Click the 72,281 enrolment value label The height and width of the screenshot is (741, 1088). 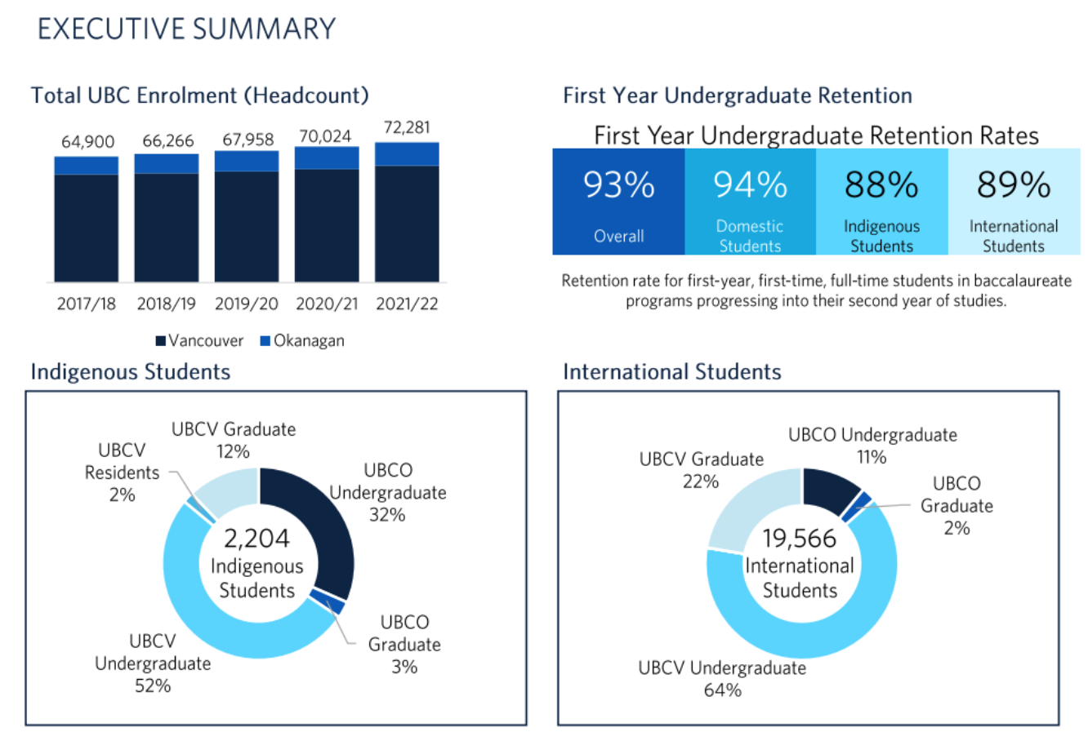pos(406,128)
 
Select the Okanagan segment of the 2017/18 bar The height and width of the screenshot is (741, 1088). pos(87,166)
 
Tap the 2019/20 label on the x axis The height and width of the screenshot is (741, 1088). pos(246,304)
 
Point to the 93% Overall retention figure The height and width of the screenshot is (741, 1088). pos(618,186)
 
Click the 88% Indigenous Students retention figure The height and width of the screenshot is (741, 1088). pos(881,186)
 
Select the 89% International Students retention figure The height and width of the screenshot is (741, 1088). pos(1014,186)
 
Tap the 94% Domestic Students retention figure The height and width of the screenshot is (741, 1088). pos(750,186)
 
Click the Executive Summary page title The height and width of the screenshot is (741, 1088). pos(186,29)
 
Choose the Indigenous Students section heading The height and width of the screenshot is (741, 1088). pos(131,372)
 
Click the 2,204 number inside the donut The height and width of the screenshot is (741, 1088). pos(256,539)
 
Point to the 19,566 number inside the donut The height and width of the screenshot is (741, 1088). pos(800,539)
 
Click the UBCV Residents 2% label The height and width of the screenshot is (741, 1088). pos(122,473)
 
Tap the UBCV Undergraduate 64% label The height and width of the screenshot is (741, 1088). pos(722,679)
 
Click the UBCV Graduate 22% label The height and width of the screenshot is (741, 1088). pos(702,470)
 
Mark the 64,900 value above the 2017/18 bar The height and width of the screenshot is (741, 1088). pos(87,142)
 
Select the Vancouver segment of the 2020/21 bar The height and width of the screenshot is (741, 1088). pos(327,224)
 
